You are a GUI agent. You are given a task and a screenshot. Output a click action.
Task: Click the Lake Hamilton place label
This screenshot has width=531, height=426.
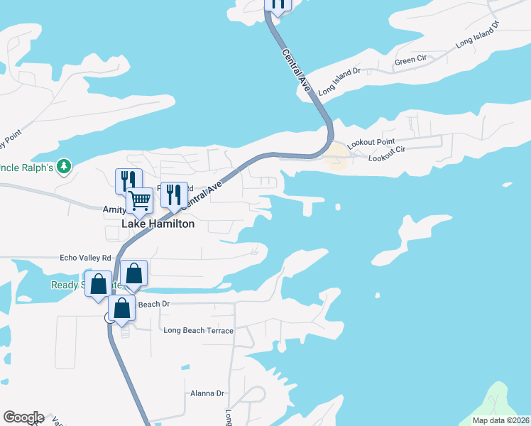[x=158, y=224]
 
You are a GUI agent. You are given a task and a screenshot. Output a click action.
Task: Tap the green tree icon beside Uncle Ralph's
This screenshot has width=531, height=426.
[x=65, y=166]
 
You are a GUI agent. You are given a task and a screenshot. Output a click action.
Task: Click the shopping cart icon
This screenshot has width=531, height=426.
[x=140, y=201]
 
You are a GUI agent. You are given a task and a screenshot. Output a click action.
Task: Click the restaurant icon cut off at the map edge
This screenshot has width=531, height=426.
[x=278, y=4]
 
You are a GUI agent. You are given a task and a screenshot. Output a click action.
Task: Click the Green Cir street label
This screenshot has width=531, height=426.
[x=410, y=61]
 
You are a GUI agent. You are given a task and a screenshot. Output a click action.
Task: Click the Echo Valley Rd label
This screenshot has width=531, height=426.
[x=86, y=258]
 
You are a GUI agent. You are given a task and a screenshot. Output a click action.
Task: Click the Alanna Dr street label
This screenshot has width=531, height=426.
[x=207, y=393]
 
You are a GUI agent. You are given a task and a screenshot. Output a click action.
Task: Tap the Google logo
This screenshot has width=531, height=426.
[x=23, y=417]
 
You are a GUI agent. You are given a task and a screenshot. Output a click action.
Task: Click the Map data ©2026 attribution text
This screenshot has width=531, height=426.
[x=500, y=420]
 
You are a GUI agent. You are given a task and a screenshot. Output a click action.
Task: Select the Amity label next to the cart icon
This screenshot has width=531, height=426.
[x=114, y=209]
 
